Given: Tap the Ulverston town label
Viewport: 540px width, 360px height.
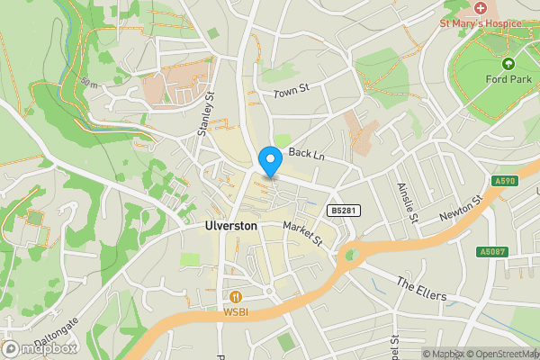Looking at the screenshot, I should click(225, 226).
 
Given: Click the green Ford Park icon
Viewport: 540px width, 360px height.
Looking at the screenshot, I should click(508, 64).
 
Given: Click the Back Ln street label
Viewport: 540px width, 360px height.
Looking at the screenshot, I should click(306, 155).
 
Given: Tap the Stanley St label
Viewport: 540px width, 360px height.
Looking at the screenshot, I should click(206, 114).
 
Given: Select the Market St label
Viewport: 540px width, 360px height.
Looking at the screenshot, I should click(302, 232).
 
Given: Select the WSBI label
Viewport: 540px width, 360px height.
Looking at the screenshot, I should click(237, 312).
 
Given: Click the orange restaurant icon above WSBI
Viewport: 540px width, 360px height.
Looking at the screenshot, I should click(237, 296).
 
